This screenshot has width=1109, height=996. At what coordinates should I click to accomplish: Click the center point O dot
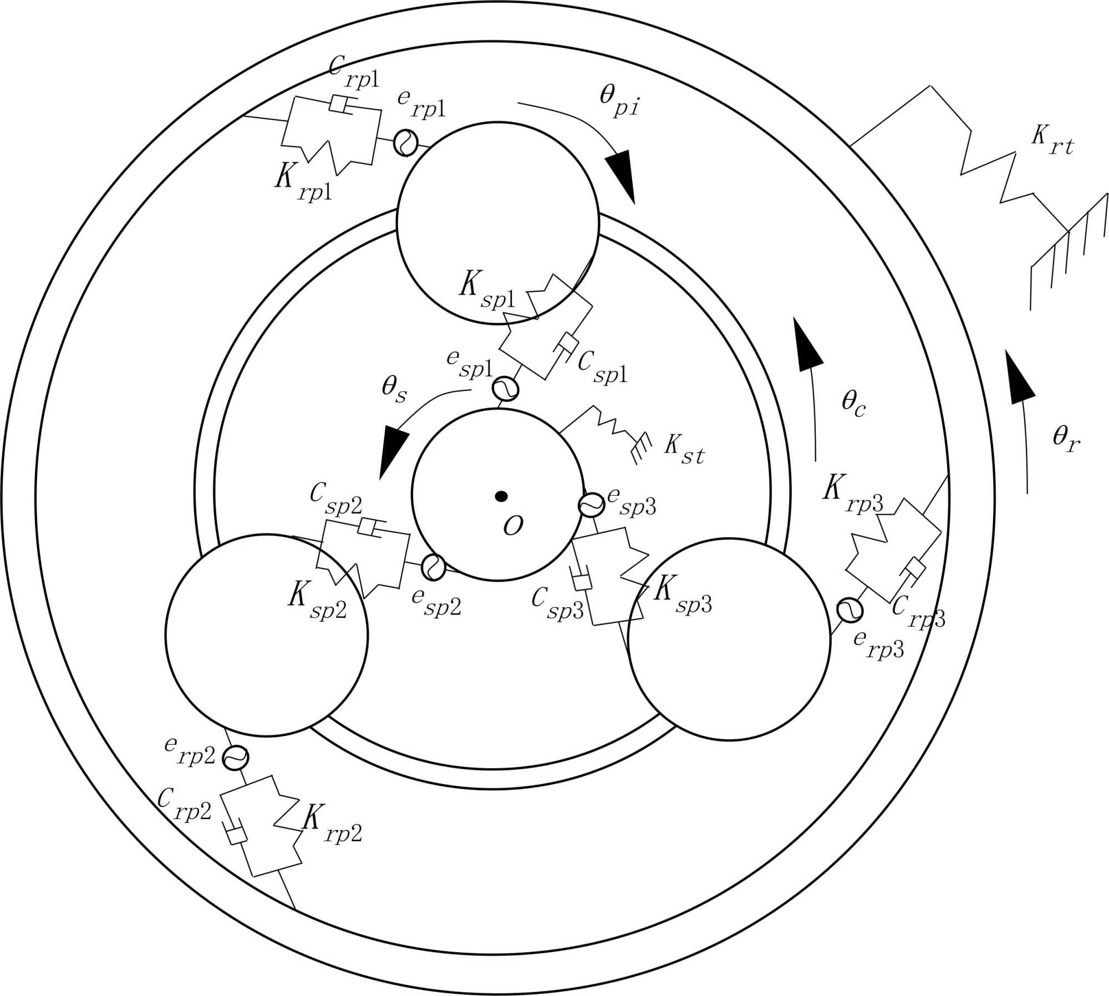point(501,496)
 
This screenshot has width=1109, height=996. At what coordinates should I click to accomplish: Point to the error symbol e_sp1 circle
point(506,389)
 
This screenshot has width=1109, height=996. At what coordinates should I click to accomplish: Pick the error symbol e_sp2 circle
point(433,567)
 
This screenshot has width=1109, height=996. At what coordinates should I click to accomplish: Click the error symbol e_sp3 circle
point(591,505)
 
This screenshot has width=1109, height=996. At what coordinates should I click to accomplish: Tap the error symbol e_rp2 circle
point(235,757)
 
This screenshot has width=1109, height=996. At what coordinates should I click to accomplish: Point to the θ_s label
point(394,389)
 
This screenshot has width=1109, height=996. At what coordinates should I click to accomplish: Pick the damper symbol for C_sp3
point(581,581)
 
